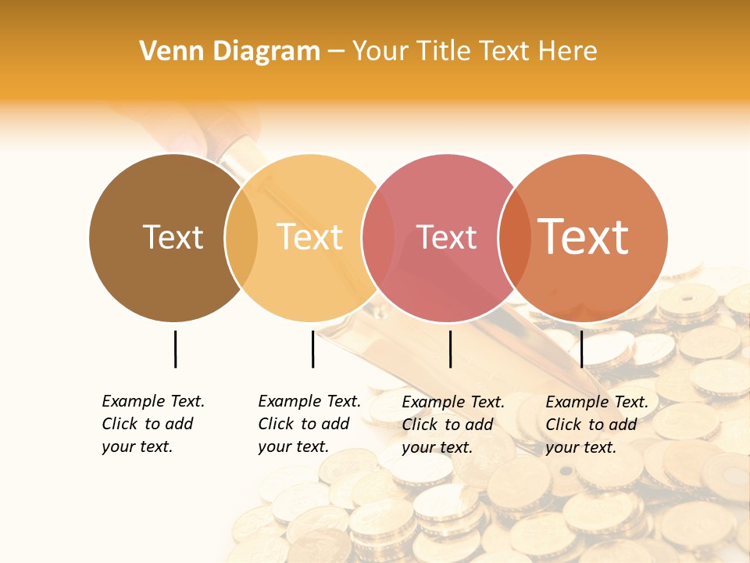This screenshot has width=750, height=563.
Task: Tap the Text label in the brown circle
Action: (x=173, y=237)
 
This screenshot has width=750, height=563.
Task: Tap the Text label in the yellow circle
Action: (x=310, y=237)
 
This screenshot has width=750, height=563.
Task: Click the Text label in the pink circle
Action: (x=447, y=237)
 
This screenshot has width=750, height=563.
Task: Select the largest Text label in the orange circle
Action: (x=584, y=237)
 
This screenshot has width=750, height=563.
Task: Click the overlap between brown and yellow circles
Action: (x=241, y=237)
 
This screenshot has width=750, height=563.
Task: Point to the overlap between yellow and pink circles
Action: (x=378, y=237)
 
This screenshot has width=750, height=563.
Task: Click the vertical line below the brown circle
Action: (x=175, y=349)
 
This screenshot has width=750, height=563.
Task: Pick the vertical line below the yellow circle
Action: (x=312, y=349)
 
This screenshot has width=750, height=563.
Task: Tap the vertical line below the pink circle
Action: (x=450, y=349)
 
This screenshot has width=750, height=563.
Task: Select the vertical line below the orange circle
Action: (x=581, y=349)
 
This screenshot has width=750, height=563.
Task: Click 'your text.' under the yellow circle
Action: (x=293, y=447)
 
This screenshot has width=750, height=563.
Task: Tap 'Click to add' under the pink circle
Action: (x=447, y=425)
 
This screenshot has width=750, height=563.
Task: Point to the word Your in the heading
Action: (x=380, y=52)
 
